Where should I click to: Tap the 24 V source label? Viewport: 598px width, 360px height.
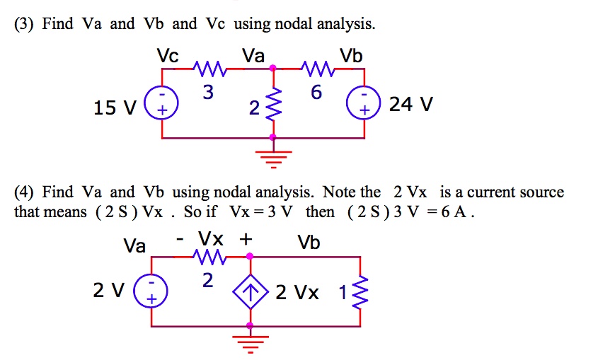coord(411,104)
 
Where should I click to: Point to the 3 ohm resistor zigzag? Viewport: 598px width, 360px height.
coord(210,69)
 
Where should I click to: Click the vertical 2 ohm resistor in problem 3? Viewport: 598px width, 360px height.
coord(273,105)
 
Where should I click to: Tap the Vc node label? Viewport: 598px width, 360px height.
coord(168,55)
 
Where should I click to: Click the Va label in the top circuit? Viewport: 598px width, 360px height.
coord(253,55)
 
